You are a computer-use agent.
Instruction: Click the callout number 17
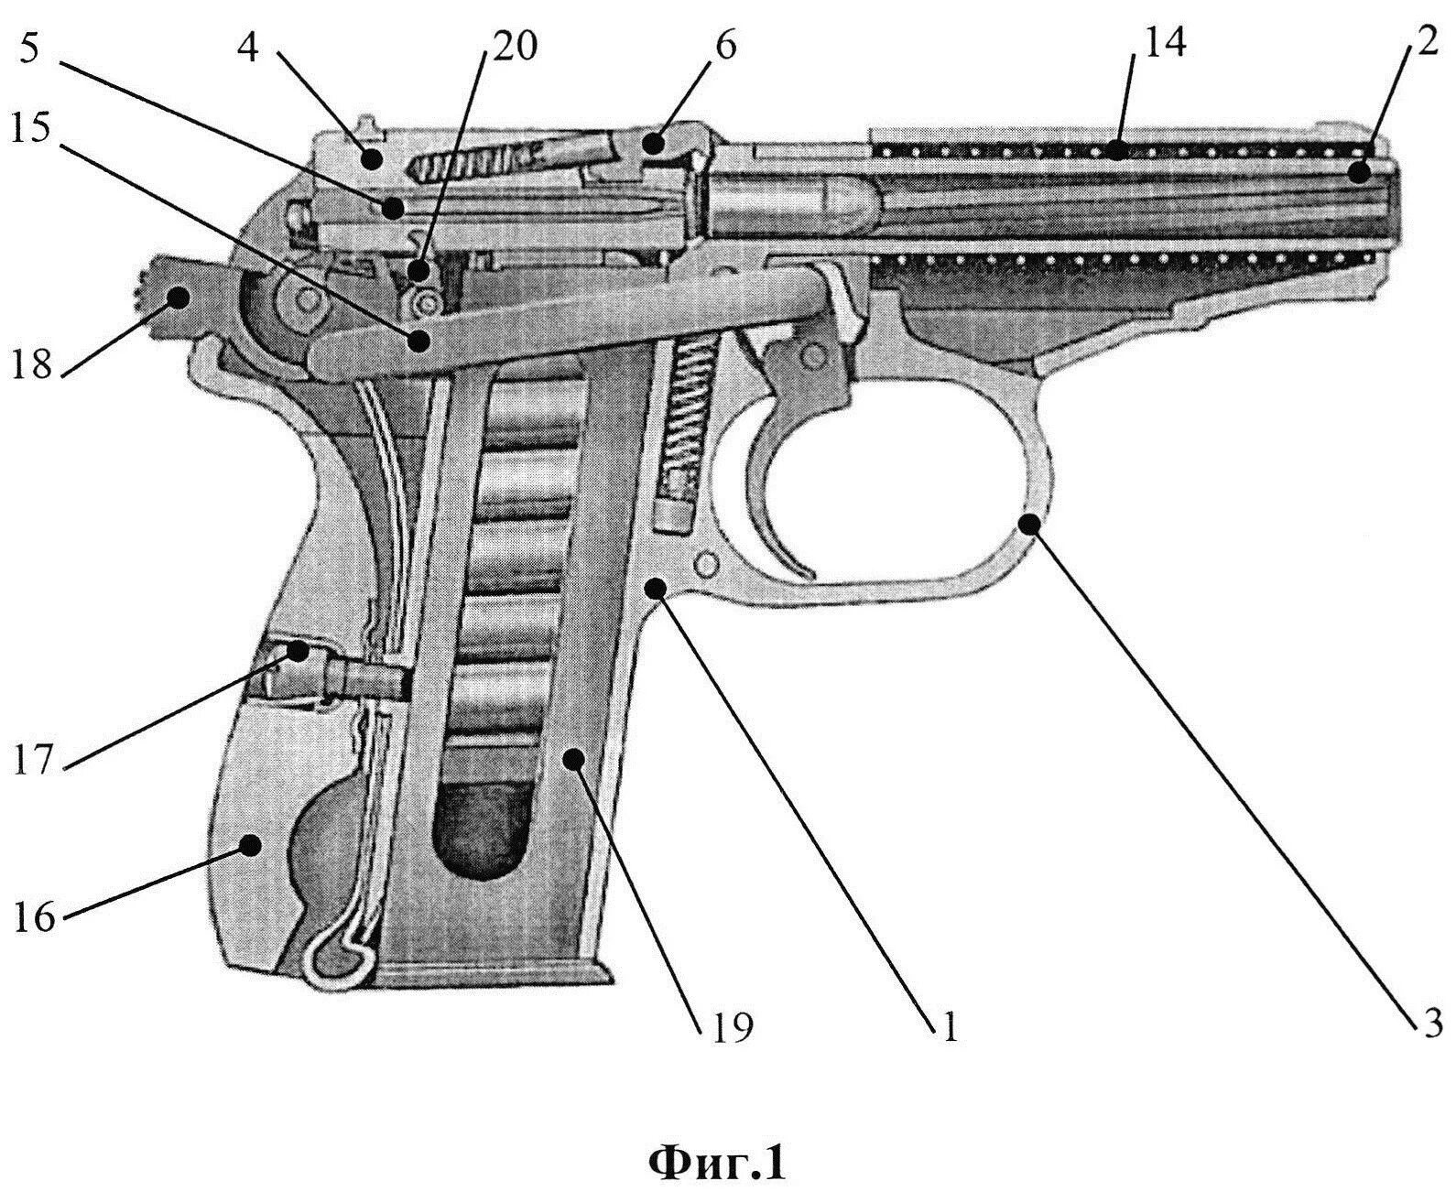(38, 759)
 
